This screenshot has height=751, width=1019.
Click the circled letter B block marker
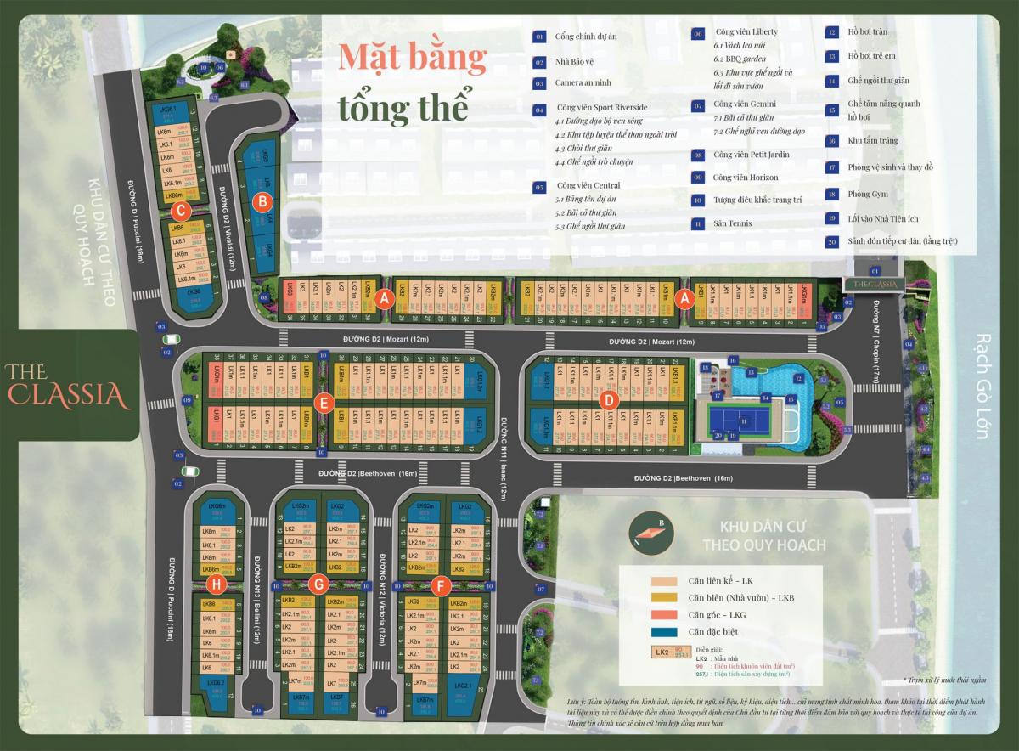coord(263,202)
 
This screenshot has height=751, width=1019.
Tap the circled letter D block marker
coord(607,400)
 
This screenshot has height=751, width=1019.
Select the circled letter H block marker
coord(217,584)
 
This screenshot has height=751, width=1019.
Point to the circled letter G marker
coord(319,584)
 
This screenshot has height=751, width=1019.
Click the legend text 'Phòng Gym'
coord(868,194)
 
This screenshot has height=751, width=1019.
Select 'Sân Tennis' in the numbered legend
coord(733,223)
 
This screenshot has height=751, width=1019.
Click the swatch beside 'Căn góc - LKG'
coord(662,613)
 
